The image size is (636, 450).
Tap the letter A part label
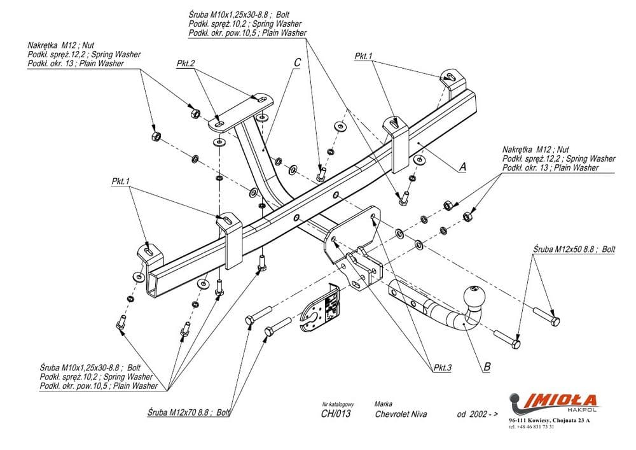[462, 167]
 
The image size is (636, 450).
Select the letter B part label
[487, 366]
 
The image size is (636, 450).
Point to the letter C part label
[297, 62]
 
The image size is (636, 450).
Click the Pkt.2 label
[186, 63]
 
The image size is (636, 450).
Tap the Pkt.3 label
[440, 367]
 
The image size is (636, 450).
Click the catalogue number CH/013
[335, 414]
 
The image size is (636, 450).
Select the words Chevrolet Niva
[401, 414]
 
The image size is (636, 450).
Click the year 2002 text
[477, 414]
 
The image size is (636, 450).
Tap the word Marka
[384, 404]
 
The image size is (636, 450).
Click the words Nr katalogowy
[338, 404]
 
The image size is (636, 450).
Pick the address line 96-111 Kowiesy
[549, 421]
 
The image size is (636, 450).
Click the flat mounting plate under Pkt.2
[238, 113]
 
